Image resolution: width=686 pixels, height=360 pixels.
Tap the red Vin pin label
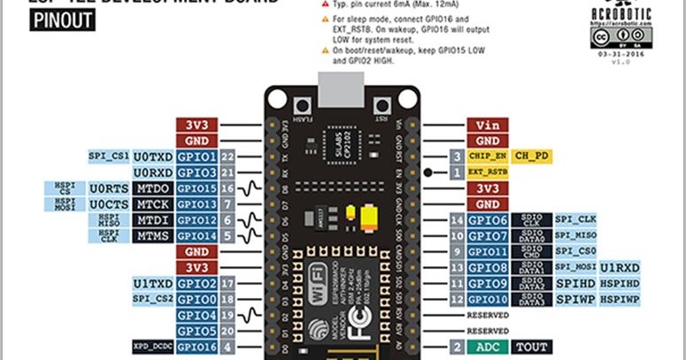[x=487, y=125]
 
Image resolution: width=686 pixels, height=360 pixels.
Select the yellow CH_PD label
[x=533, y=157]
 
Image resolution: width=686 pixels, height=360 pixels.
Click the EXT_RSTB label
[x=487, y=172]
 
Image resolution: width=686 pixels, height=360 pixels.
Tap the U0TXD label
[x=152, y=157]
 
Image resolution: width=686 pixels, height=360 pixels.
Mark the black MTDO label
[x=152, y=188]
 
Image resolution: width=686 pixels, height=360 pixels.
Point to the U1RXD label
[x=620, y=267]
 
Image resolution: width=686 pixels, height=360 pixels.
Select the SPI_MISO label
[x=575, y=236]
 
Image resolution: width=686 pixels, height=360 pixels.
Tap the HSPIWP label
[x=620, y=300]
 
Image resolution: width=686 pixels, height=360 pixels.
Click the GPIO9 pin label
[x=487, y=283]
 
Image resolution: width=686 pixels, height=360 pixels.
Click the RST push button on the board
[x=382, y=103]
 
